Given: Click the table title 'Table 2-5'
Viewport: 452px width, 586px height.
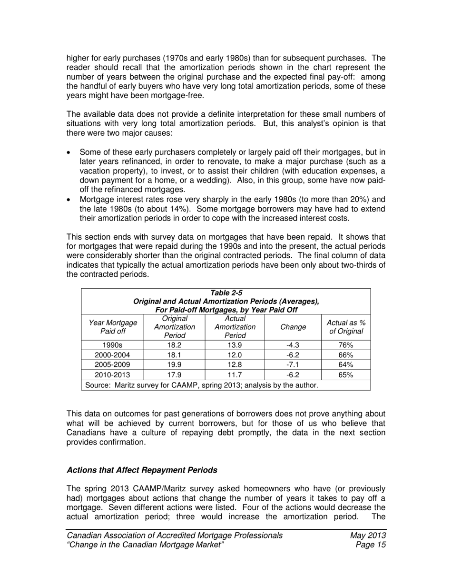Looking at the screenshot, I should click(x=226, y=293).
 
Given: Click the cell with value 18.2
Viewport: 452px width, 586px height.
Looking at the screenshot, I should click(x=174, y=345).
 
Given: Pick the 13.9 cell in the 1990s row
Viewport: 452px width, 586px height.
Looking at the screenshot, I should click(x=235, y=345).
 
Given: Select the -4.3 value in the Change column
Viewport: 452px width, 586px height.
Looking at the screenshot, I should click(x=293, y=345).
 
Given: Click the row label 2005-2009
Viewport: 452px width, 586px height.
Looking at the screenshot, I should click(x=113, y=364).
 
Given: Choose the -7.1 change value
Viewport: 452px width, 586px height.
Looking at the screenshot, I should click(x=293, y=364).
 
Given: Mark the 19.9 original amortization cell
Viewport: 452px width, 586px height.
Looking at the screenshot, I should click(x=174, y=364).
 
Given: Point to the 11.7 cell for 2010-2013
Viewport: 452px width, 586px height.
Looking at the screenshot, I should click(x=235, y=374).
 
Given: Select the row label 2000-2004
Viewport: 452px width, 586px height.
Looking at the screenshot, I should click(x=113, y=355).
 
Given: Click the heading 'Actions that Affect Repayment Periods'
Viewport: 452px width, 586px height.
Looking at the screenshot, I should click(x=142, y=470).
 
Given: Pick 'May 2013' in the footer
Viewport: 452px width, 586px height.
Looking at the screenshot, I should click(x=367, y=535).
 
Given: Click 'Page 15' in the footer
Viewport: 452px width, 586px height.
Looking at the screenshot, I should click(x=370, y=545).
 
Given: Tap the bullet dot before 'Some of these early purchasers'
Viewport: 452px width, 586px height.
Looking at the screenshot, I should click(x=69, y=153).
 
